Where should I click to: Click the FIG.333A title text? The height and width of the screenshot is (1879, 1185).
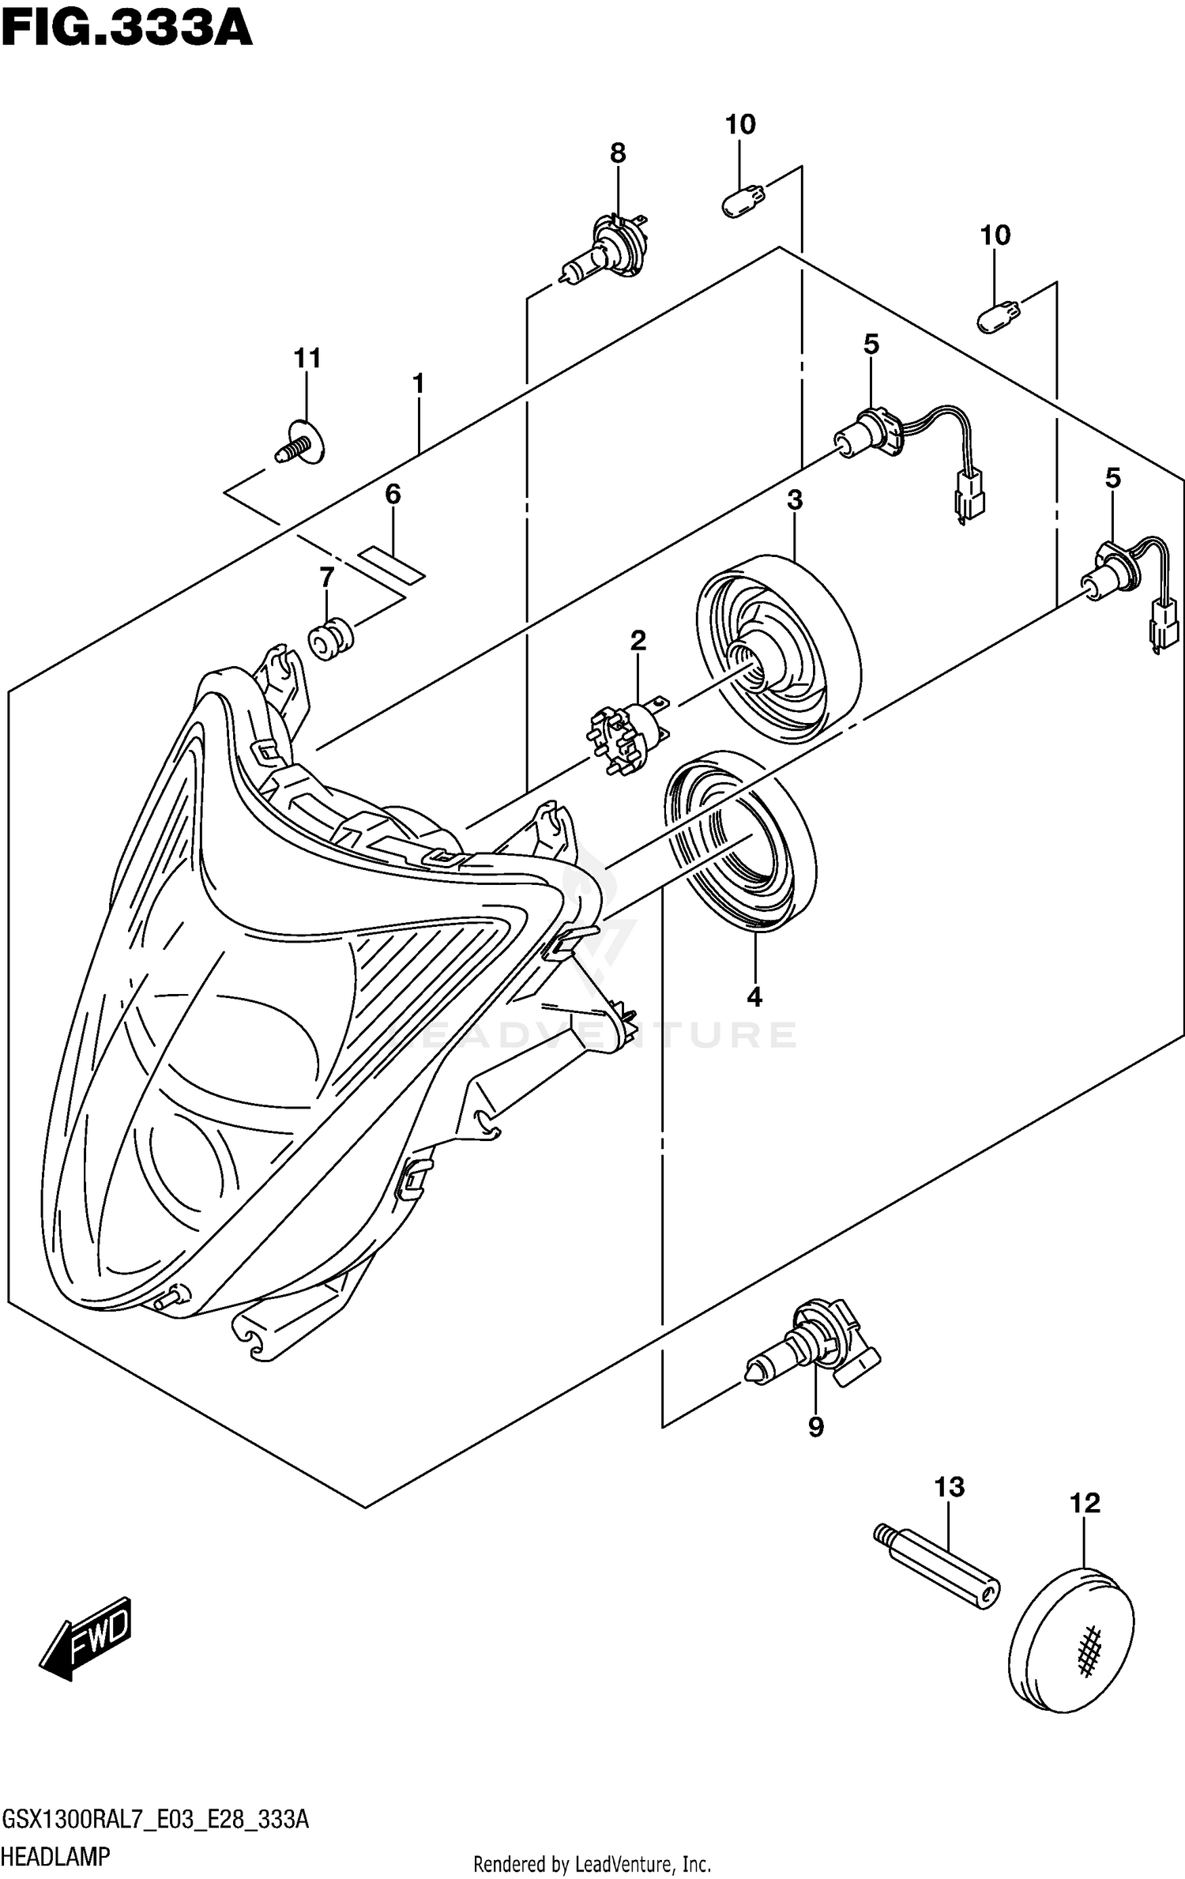click(126, 29)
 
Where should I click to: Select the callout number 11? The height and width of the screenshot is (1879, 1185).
click(307, 359)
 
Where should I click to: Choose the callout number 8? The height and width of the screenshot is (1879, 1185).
click(618, 153)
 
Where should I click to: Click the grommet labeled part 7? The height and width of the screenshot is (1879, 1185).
click(329, 638)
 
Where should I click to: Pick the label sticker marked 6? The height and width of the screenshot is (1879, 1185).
click(393, 563)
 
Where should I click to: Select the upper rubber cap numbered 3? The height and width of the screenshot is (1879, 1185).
click(778, 649)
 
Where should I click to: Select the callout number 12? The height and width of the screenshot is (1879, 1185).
click(1085, 1502)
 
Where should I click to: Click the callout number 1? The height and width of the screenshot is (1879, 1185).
click(419, 384)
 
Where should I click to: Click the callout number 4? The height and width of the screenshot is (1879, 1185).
click(754, 997)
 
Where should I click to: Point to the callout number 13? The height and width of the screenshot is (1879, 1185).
click(950, 1487)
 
